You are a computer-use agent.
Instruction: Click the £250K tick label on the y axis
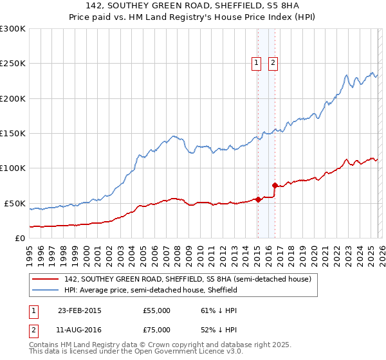(13, 64)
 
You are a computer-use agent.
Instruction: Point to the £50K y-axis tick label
(15, 203)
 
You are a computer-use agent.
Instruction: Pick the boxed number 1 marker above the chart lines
(256, 62)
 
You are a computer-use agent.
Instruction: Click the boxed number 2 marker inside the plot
(273, 62)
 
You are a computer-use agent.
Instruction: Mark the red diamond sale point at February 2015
(258, 199)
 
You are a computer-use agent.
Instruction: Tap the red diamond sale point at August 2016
(275, 186)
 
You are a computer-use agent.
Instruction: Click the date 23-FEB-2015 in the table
(79, 310)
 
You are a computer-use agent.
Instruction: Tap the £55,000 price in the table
(156, 310)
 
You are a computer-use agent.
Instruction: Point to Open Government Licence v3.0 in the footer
(197, 353)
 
